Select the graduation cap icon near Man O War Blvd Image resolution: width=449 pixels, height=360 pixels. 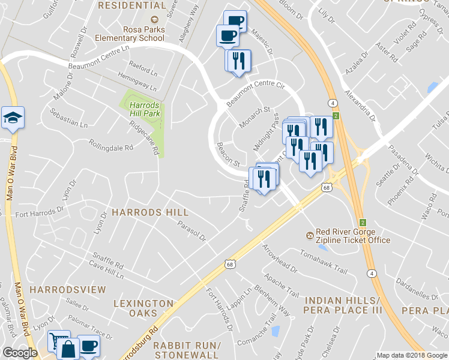[12, 118]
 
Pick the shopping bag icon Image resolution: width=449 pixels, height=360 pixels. [70, 349]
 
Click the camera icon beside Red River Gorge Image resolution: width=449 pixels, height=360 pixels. [310, 235]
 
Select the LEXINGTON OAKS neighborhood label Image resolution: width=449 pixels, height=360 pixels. [143, 308]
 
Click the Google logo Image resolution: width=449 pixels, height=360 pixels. [20, 353]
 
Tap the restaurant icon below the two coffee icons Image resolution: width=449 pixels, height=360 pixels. [238, 61]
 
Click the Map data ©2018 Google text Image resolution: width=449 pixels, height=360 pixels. [412, 355]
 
